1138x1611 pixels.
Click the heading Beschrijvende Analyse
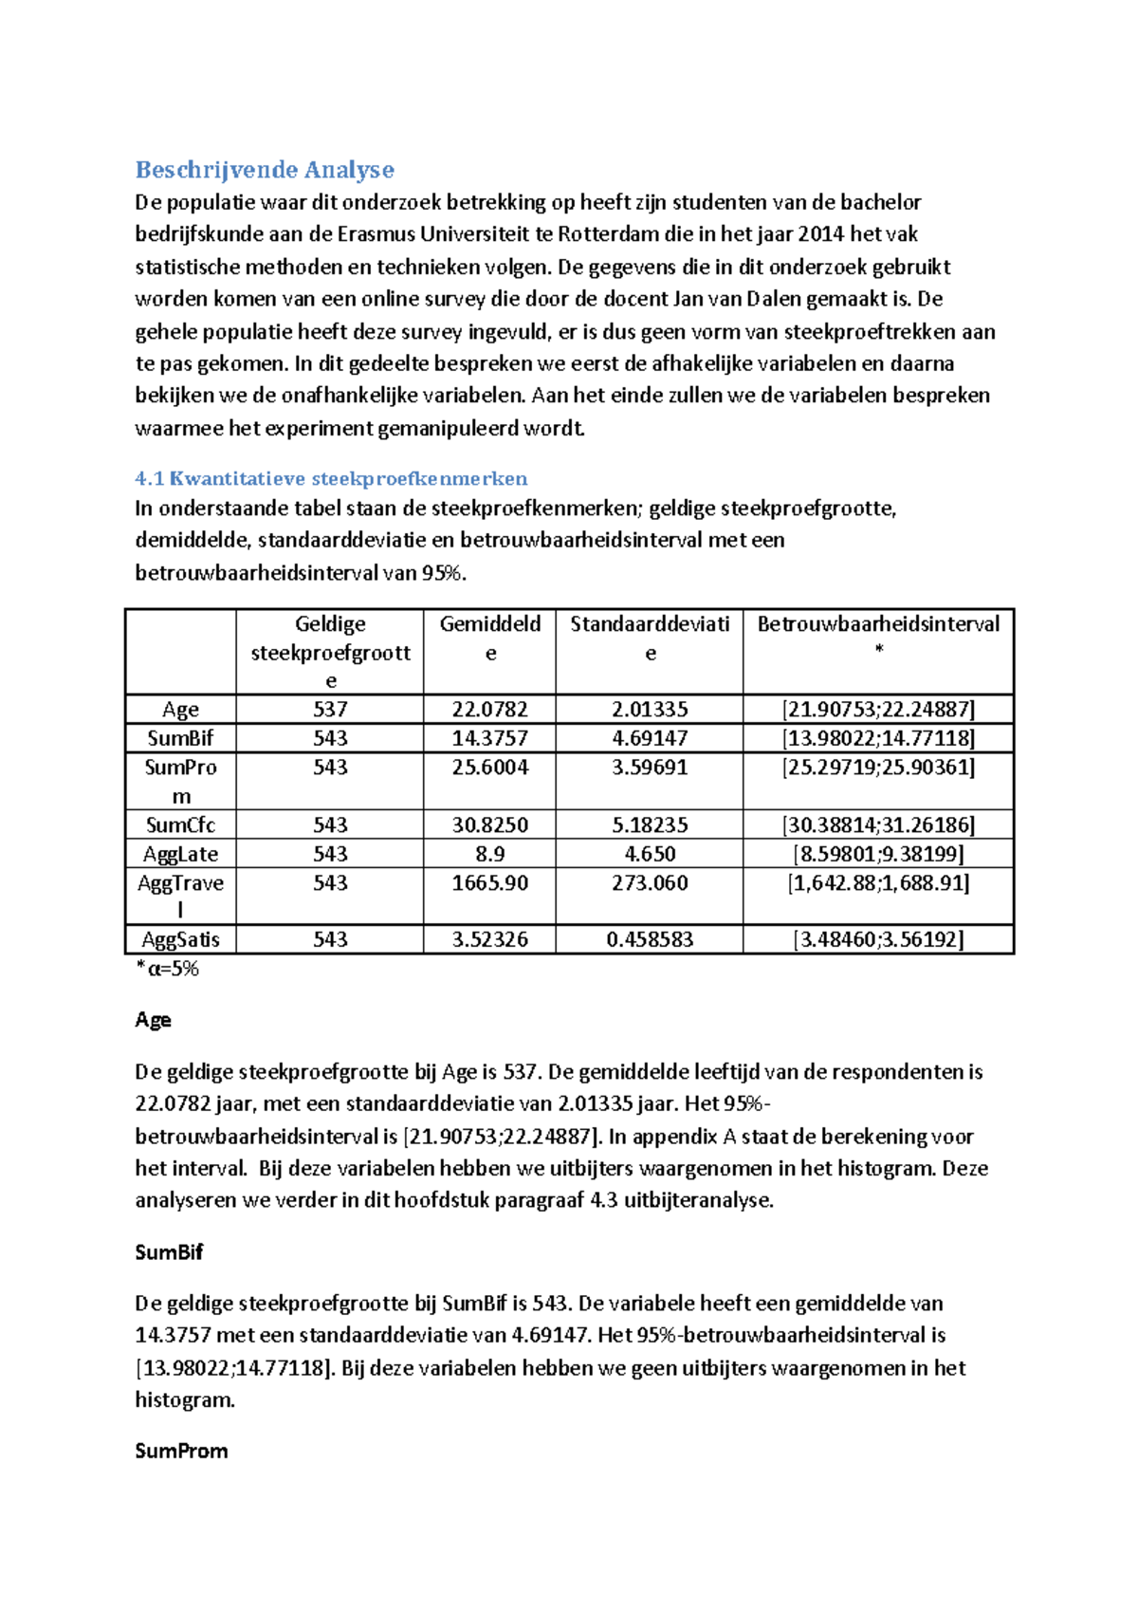[265, 170]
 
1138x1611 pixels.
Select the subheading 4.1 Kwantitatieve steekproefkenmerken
[331, 478]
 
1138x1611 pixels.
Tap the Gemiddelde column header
[489, 638]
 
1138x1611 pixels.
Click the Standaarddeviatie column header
[650, 638]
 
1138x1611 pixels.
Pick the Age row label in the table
[180, 710]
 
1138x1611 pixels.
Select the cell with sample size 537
[330, 710]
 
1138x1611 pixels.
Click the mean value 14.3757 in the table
[489, 738]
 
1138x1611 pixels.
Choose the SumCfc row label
[180, 825]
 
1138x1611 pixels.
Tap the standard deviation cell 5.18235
[650, 825]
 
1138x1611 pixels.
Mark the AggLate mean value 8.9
[489, 854]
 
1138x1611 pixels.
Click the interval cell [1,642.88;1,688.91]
[878, 883]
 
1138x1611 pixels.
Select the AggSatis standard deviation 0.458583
[650, 939]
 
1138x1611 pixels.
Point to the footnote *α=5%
[168, 969]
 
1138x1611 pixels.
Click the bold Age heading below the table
[153, 1020]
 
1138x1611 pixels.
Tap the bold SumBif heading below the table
[169, 1252]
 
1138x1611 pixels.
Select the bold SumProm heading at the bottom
[181, 1451]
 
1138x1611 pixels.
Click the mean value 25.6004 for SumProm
[489, 768]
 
